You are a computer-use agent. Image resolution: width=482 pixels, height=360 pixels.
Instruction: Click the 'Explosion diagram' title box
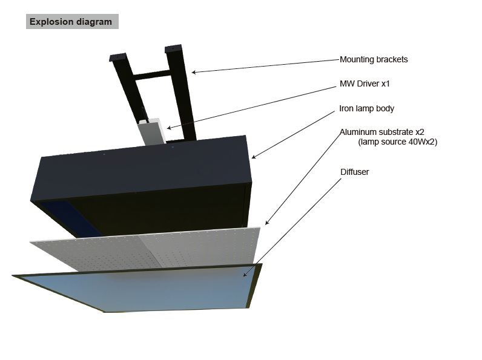click(x=72, y=22)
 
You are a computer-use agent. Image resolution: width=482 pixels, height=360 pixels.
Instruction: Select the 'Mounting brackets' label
click(x=374, y=59)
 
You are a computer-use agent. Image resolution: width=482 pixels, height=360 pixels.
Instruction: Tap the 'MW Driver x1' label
click(x=365, y=83)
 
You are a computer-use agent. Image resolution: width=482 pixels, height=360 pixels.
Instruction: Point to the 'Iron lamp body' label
click(x=366, y=108)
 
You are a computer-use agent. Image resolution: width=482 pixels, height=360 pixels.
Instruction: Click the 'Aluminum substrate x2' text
click(x=382, y=132)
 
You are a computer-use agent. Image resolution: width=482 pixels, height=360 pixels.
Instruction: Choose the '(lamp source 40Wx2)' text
click(x=397, y=142)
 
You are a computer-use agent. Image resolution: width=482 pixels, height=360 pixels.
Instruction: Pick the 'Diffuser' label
click(x=354, y=172)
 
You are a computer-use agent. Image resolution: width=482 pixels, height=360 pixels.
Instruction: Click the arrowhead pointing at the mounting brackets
click(x=193, y=73)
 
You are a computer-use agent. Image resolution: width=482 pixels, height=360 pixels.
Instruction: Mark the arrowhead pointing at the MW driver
click(x=169, y=128)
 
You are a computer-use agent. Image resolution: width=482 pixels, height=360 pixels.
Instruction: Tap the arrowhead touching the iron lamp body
click(x=253, y=157)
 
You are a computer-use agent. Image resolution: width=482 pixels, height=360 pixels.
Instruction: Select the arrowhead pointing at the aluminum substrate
click(x=267, y=223)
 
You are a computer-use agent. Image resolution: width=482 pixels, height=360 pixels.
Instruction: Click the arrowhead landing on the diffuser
click(x=245, y=274)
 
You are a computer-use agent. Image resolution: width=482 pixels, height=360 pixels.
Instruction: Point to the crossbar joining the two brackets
click(x=151, y=75)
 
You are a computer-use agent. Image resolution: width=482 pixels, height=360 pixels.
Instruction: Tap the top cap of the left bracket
click(x=117, y=57)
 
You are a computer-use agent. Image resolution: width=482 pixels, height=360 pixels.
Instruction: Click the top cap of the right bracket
click(x=173, y=49)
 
